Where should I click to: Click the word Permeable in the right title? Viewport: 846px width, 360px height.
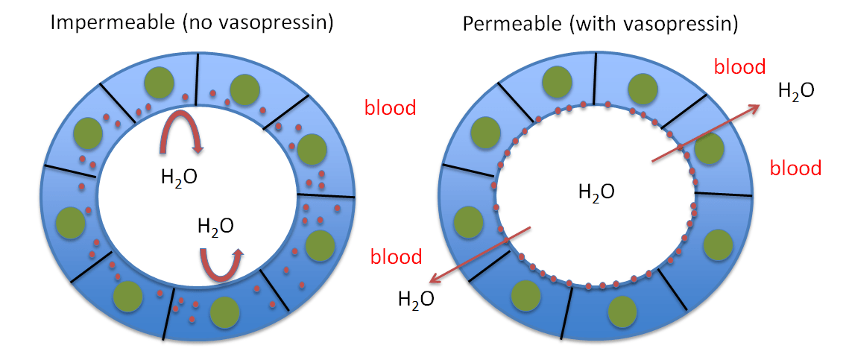pyautogui.click(x=504, y=24)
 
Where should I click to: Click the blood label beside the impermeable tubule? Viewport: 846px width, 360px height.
pyautogui.click(x=390, y=108)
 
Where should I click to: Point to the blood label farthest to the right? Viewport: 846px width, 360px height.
pyautogui.click(x=795, y=168)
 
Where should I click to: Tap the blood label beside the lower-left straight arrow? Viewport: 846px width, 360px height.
pyautogui.click(x=397, y=258)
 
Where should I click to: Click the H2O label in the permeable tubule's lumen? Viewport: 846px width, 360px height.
pyautogui.click(x=596, y=192)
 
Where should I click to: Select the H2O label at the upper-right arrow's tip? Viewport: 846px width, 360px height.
pyautogui.click(x=795, y=91)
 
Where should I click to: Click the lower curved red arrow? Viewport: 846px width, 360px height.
pyautogui.click(x=221, y=264)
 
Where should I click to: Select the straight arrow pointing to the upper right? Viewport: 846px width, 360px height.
pyautogui.click(x=705, y=132)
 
